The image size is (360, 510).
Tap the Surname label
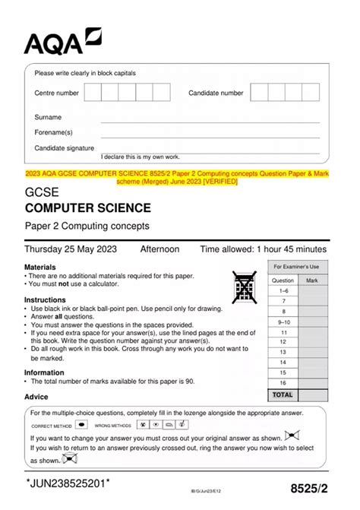48,118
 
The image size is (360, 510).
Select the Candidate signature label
65,148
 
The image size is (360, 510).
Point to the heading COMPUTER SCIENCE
98,207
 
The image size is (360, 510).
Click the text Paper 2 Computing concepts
88,226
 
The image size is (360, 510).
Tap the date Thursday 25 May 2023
73,249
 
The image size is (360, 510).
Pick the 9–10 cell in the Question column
283,322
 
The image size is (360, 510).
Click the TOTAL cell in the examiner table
283,395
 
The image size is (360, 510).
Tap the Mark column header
311,280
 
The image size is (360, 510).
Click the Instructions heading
46,299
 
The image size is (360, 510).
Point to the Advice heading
36,397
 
